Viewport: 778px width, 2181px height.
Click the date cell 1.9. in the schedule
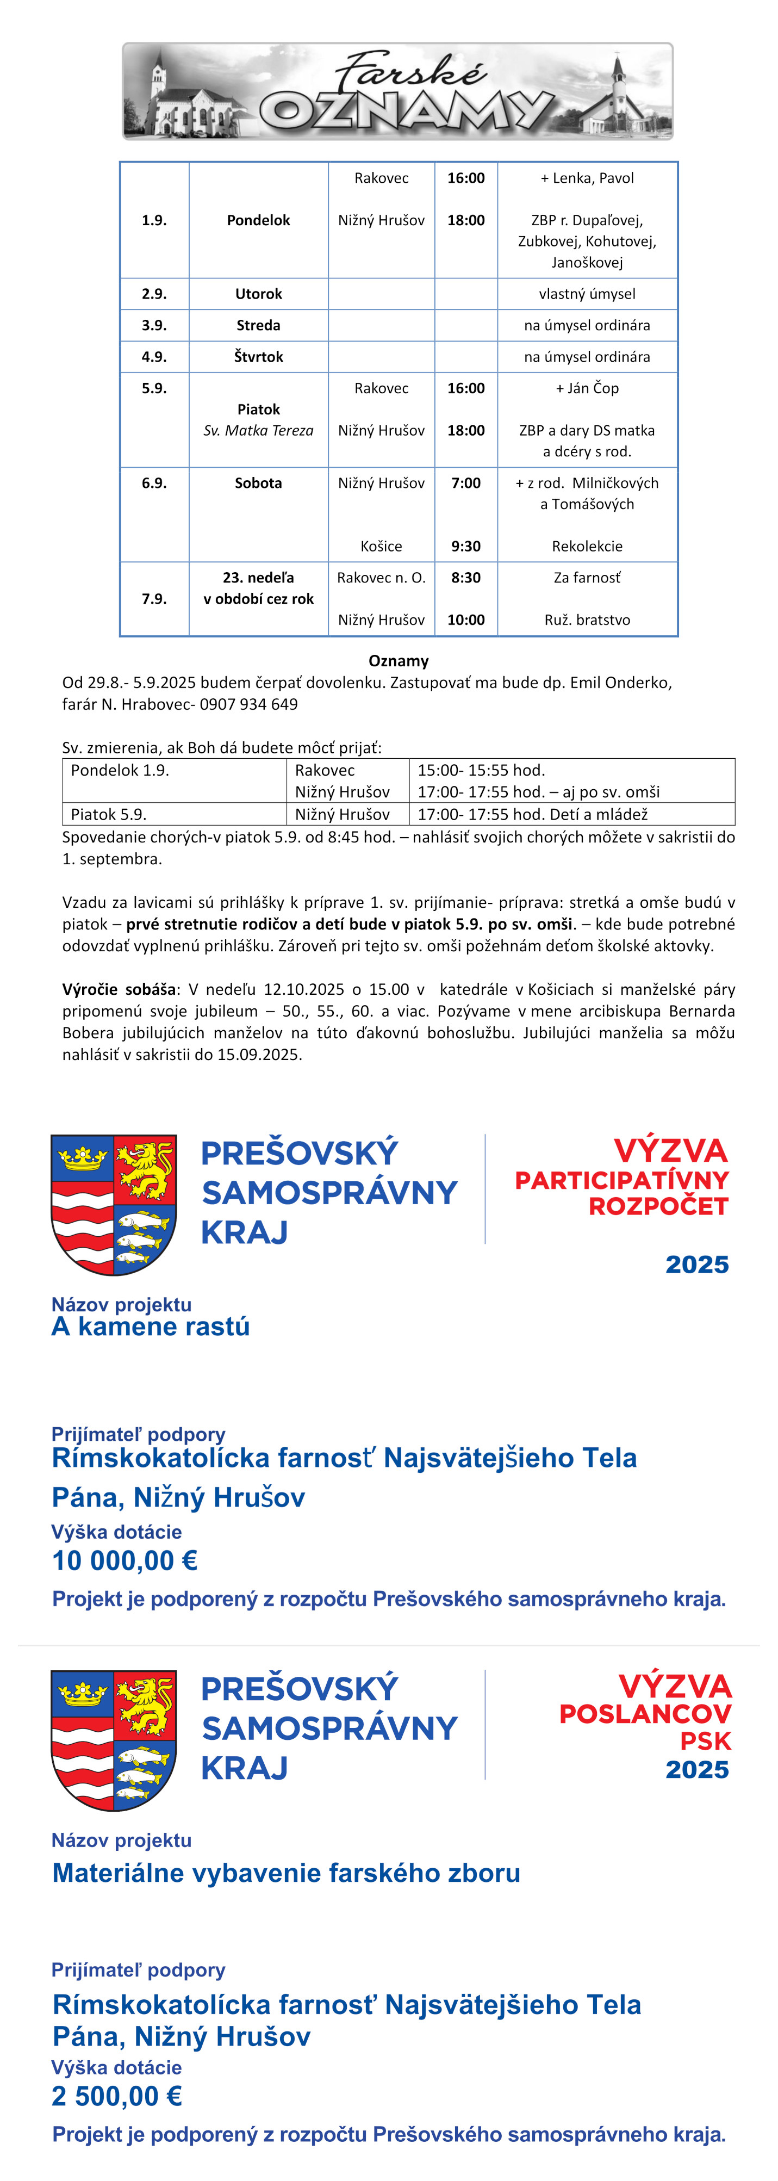point(154,220)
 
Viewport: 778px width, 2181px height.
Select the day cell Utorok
point(258,294)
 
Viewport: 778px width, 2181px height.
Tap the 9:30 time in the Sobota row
point(465,546)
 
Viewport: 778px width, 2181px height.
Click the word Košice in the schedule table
point(381,546)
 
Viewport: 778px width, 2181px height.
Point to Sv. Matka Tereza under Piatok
point(258,431)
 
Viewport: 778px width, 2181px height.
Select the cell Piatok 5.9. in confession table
point(108,815)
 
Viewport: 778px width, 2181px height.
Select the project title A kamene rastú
point(151,1327)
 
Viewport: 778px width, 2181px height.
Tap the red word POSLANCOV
point(645,1714)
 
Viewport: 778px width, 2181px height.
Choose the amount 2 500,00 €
point(117,2096)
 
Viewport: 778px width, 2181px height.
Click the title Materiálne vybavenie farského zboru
point(286,1872)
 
